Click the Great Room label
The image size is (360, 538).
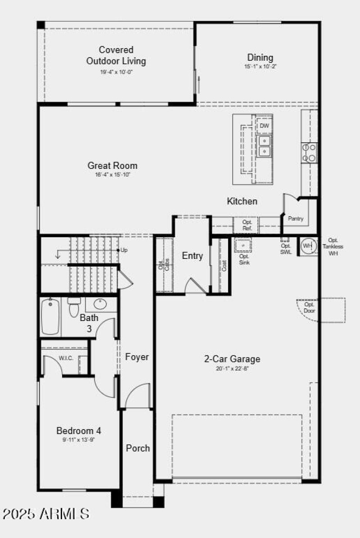112,166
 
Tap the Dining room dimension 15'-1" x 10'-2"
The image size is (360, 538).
260,66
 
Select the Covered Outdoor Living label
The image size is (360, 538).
116,55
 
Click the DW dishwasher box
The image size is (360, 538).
264,126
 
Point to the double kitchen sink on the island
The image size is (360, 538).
264,145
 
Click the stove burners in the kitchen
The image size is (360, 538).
310,152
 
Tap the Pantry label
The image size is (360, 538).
296,219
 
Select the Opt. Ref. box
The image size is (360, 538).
247,225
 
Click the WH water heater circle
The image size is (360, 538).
307,246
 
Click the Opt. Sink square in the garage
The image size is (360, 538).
243,245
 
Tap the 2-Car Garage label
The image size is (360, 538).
232,359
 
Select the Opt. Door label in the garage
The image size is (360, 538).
310,307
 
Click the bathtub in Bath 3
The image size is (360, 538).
50,317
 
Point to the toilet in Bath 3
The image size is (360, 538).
73,307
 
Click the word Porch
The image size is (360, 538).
138,448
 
